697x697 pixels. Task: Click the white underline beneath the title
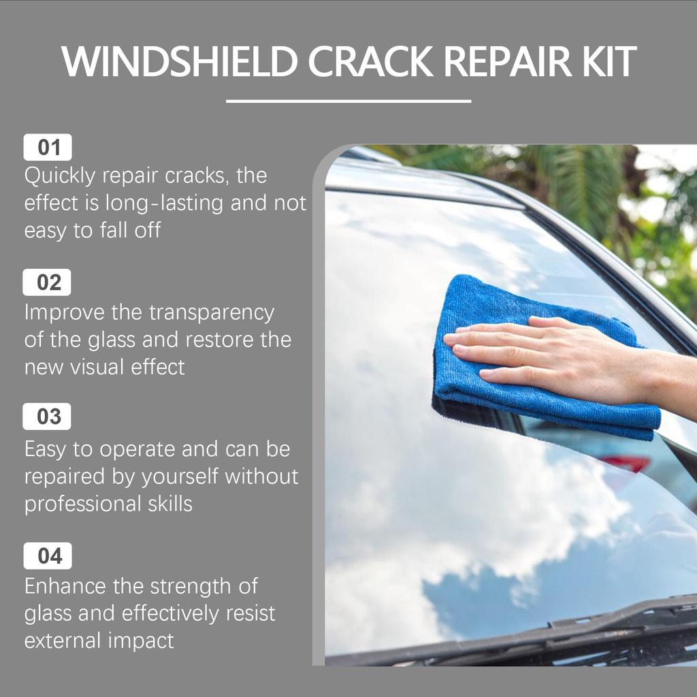click(x=348, y=101)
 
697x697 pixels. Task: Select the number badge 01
click(x=48, y=148)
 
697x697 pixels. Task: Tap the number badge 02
click(x=48, y=282)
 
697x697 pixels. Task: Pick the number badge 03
click(x=48, y=417)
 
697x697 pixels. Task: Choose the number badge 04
click(x=48, y=556)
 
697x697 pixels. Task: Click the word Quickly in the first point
click(x=59, y=176)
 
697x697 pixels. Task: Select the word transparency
click(x=212, y=312)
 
